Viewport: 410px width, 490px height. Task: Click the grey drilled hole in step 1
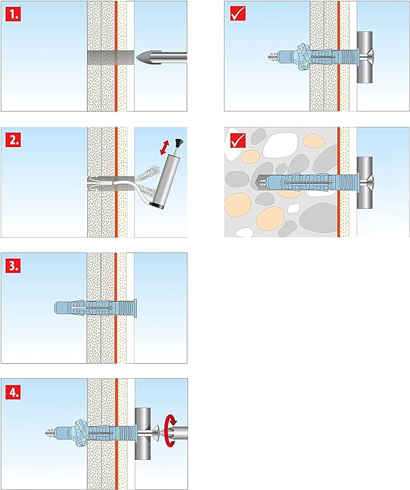click(x=108, y=55)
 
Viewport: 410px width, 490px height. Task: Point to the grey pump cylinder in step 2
click(x=165, y=181)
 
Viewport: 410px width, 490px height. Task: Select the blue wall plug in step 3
click(x=94, y=308)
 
